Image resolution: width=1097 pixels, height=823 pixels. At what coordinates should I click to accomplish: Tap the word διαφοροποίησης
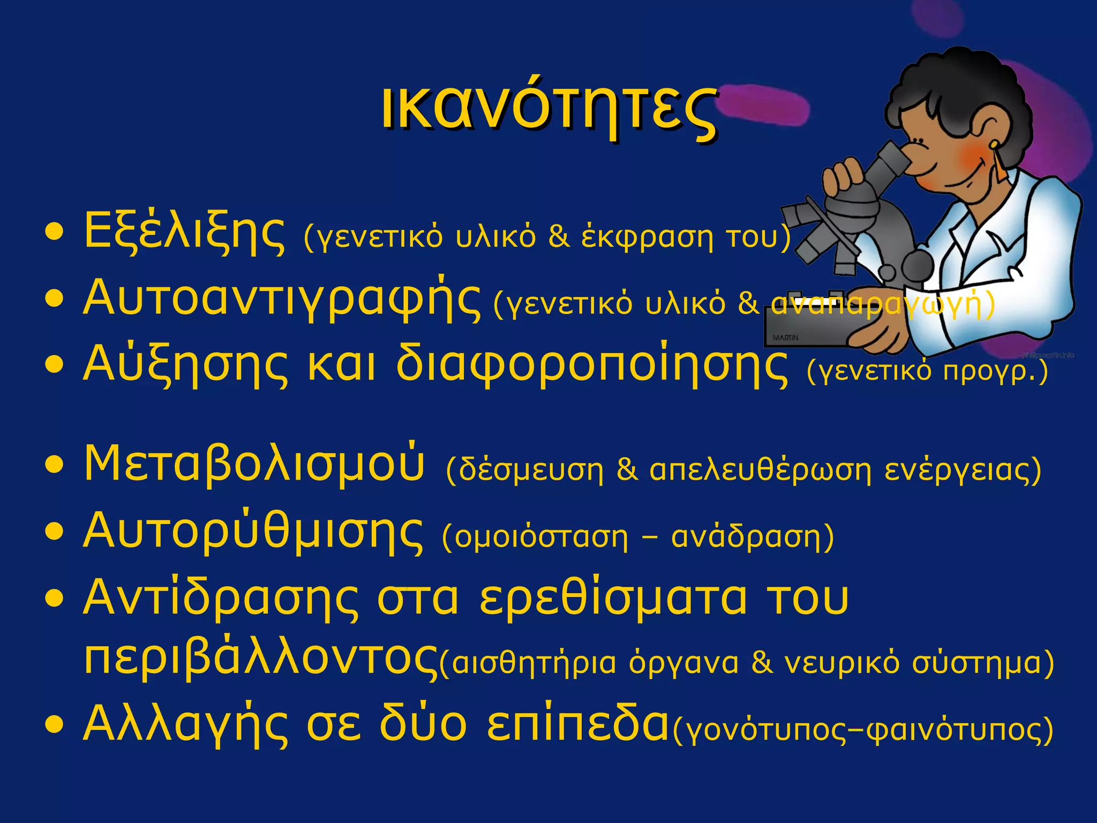[x=592, y=365]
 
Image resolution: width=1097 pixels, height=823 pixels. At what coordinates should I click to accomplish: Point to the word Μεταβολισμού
[x=254, y=464]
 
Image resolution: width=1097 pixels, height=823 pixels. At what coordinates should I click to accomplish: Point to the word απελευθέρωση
[x=761, y=470]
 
